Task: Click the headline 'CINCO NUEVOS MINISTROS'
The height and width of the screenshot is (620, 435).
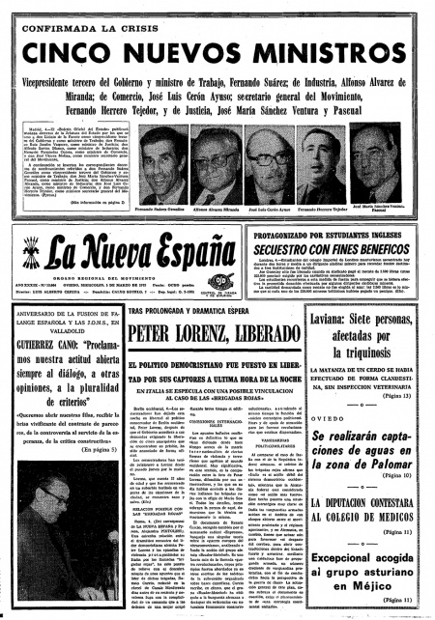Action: point(217,47)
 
